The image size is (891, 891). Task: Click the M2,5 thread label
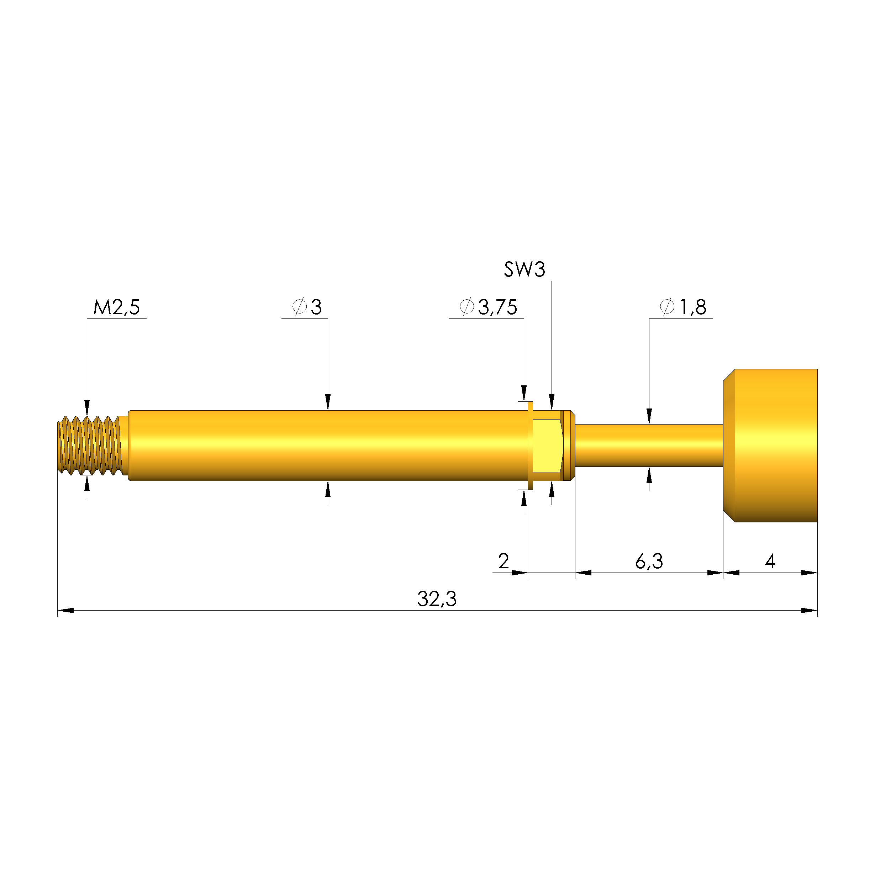[x=117, y=307]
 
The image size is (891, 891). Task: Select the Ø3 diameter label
[x=307, y=307]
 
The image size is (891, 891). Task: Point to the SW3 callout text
[x=524, y=269]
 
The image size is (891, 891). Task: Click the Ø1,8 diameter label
[x=683, y=307]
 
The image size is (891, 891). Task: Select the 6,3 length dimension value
[x=649, y=561]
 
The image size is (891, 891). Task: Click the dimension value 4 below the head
[x=770, y=561]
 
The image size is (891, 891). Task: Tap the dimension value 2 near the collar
[x=504, y=561]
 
